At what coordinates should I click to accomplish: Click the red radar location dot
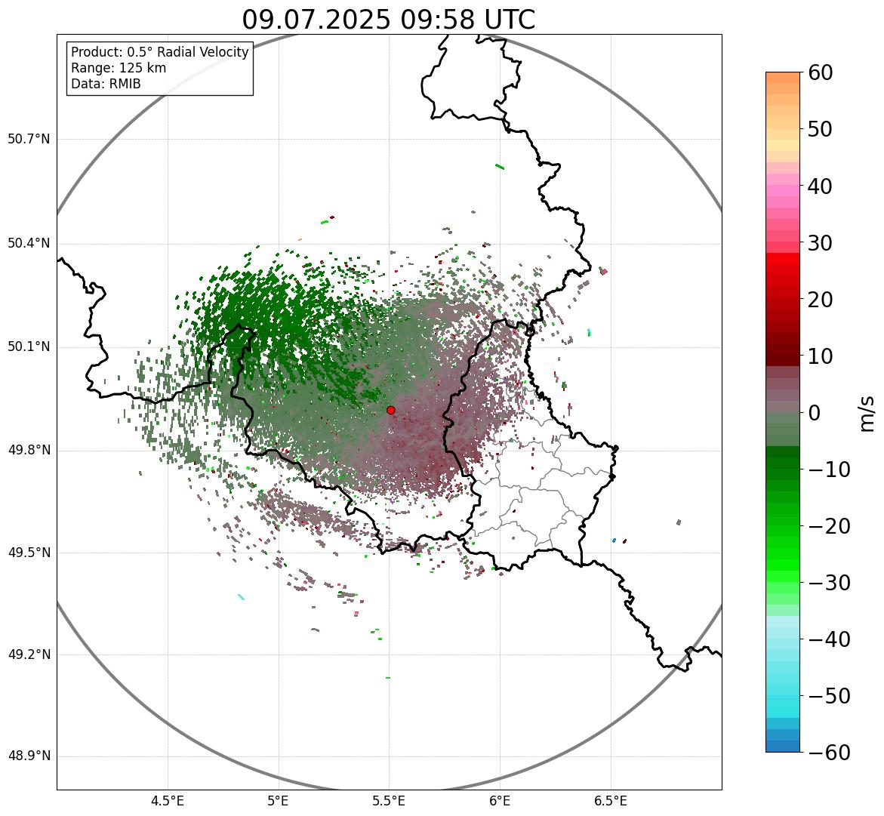(390, 410)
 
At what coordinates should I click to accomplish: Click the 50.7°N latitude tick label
(29, 139)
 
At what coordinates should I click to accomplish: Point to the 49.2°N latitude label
(29, 654)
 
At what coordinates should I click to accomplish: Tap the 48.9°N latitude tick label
(29, 756)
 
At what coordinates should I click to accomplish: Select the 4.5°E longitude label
(168, 801)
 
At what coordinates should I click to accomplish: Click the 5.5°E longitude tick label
(389, 801)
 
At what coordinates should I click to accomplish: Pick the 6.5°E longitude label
(610, 801)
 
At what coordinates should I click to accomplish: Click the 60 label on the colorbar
(830, 72)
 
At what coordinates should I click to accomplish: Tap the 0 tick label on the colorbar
(815, 413)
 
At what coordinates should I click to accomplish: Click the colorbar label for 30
(830, 243)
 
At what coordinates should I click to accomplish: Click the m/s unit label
(868, 413)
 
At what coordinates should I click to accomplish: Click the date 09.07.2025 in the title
(316, 20)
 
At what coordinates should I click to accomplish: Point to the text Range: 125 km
(119, 68)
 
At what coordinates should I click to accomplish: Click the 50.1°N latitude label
(29, 347)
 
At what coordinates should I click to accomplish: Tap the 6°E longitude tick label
(500, 801)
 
